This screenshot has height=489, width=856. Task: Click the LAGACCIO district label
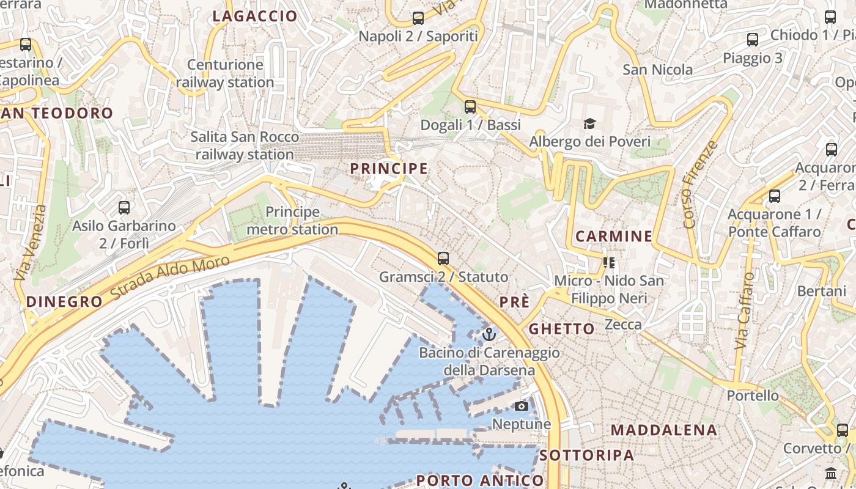pos(254,17)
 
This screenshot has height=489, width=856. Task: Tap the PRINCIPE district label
pos(388,168)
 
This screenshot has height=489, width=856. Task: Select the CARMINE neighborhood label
pos(614,236)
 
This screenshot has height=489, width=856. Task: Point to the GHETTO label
pos(561,329)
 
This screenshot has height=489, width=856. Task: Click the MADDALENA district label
pos(663,430)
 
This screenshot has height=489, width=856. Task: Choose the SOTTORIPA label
pos(587,455)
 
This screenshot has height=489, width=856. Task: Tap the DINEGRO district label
pos(64,301)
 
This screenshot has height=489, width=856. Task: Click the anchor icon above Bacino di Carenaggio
pos(489,334)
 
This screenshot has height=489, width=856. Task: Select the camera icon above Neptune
pos(522,406)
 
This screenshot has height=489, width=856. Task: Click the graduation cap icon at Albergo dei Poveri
pos(589,124)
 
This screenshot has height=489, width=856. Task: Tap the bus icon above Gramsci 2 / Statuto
pos(443,259)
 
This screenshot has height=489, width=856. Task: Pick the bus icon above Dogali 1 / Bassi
pos(470,107)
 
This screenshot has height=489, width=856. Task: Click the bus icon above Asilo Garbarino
pos(124,208)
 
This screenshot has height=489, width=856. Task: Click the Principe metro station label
pos(292,221)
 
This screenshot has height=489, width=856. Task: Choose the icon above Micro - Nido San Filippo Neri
pos(608,263)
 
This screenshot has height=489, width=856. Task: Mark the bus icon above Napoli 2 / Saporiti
pos(418,18)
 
